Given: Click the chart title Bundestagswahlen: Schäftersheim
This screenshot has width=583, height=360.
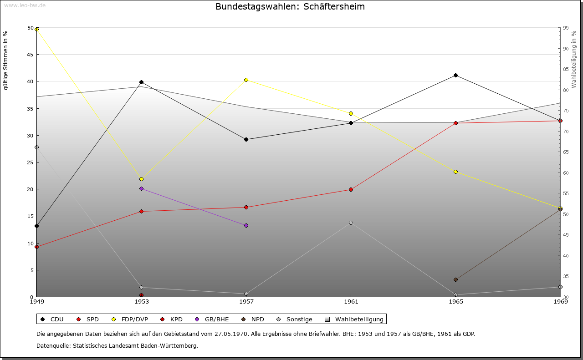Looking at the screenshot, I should click(x=290, y=7).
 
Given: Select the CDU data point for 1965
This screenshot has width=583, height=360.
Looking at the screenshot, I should click(x=455, y=75).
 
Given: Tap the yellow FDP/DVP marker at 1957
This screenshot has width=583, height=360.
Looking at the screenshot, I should click(x=246, y=80).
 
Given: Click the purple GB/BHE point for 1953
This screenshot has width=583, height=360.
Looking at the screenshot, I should click(x=141, y=188).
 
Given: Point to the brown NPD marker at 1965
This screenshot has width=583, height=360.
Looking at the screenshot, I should click(x=455, y=279).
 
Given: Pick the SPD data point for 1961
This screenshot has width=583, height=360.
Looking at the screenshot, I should click(x=351, y=189).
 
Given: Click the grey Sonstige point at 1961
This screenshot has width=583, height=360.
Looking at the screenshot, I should click(x=351, y=223).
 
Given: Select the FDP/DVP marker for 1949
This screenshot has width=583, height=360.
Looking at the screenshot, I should click(x=37, y=29).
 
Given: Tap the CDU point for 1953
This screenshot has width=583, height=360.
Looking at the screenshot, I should click(x=141, y=82).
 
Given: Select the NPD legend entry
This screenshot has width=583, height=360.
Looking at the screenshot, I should click(x=257, y=319).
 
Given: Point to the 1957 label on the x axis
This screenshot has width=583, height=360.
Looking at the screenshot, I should click(x=246, y=301).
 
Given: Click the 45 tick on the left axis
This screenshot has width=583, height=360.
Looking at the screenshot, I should click(x=31, y=55).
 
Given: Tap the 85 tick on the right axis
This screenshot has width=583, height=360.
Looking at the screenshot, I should click(x=565, y=69).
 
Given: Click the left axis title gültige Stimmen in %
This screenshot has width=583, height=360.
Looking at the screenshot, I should click(x=5, y=60).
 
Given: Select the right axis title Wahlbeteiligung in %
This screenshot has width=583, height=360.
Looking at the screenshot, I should click(x=574, y=60).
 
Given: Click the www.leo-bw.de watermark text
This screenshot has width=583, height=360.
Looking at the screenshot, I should click(x=23, y=5).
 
